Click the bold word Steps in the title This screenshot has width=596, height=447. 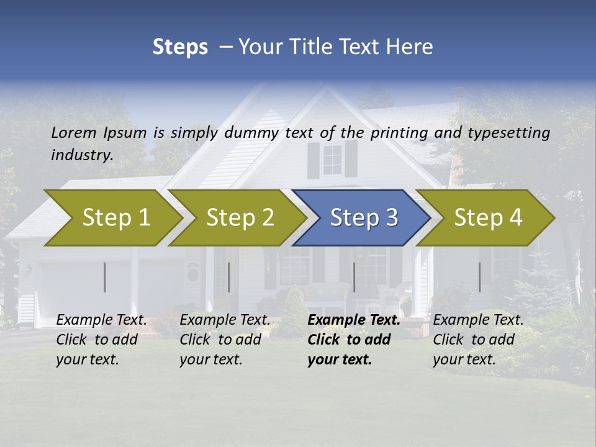pos(180,47)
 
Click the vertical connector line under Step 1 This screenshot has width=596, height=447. pos(105,277)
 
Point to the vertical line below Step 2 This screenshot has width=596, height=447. pos(229,277)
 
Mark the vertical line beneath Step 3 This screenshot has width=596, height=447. pos(354,277)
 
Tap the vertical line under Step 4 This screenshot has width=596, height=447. pos(479,277)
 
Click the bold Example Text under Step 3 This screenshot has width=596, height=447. pos(354,320)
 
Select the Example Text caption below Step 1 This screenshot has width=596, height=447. pos(101,320)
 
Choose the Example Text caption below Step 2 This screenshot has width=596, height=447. pos(225,320)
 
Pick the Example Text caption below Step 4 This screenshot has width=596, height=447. pos(478,320)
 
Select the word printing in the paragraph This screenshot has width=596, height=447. pos(397,132)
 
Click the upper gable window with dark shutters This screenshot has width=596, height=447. pos(333,160)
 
